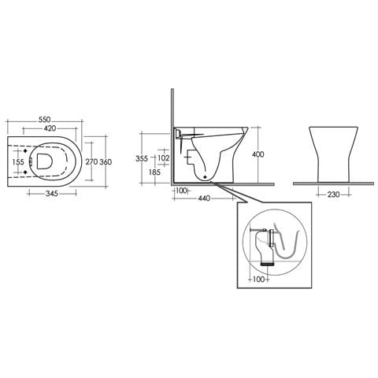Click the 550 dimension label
click(44, 120)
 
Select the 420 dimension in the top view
click(50, 128)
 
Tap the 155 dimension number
click(18, 162)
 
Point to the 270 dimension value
click(91, 161)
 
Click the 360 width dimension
click(106, 162)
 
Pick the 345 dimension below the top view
click(52, 194)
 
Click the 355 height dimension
click(142, 158)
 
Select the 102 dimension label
click(164, 158)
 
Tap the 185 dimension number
click(154, 172)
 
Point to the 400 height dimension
click(258, 154)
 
